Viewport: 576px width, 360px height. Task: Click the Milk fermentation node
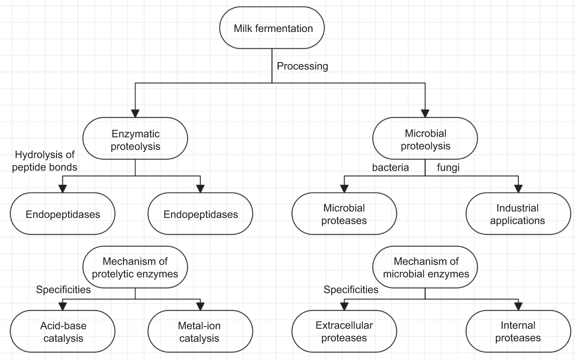272,28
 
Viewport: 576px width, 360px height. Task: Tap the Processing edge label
302,66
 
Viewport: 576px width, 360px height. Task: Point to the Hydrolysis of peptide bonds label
45,161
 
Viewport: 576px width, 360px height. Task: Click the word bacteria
390,167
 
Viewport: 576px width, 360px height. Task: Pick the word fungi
448,167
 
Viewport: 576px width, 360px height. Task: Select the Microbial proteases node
344,214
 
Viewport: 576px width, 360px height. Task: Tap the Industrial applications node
518,214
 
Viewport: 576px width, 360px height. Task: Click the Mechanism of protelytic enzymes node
135,267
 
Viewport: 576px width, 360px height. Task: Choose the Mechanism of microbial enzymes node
425,267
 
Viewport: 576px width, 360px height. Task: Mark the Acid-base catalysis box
63,331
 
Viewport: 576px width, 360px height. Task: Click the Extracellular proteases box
344,331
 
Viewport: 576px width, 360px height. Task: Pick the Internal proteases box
518,331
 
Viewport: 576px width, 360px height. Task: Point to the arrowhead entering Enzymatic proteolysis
135,113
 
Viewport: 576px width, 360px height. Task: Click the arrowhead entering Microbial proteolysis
425,113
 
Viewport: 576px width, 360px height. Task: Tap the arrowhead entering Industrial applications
518,189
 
